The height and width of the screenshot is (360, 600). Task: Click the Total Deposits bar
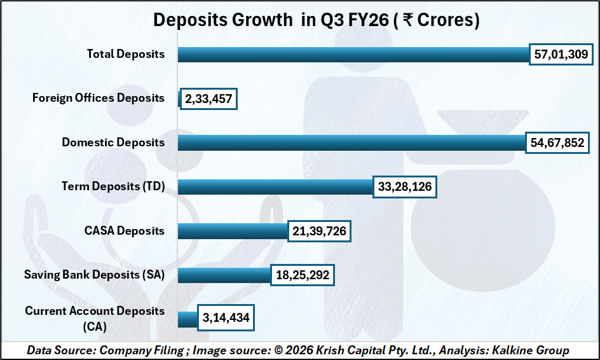coord(353,55)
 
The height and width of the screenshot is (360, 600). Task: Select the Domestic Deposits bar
coord(351,142)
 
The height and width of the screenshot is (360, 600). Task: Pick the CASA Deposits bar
coord(232,231)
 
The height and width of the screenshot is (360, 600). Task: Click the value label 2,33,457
coord(208,99)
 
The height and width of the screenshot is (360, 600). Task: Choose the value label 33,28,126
coord(405,186)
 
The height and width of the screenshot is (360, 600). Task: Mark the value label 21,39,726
coord(320,231)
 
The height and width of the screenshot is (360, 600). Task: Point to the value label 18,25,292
coord(303,275)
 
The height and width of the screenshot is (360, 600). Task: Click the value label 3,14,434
coord(226,319)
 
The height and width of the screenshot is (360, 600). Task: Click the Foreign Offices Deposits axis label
coord(99,99)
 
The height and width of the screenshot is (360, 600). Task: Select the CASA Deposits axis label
coord(125,231)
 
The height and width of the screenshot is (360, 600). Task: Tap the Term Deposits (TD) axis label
coord(113,186)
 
